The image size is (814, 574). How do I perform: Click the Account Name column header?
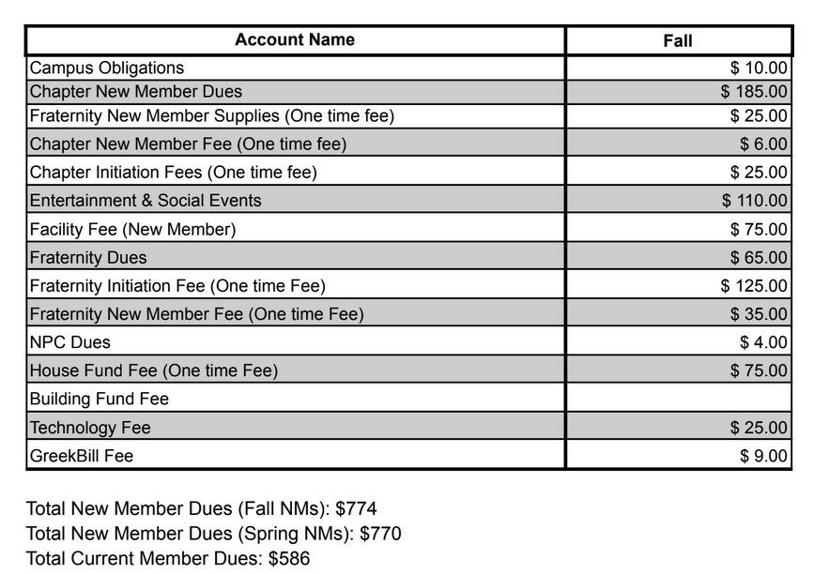(x=295, y=39)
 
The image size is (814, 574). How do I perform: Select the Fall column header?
(x=677, y=40)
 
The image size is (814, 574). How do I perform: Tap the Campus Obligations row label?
(x=107, y=68)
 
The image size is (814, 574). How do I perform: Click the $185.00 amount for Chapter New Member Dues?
(x=754, y=92)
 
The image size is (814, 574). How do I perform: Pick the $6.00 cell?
(x=763, y=144)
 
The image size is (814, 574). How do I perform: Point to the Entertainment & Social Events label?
(x=146, y=201)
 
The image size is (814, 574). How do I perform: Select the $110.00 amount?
(x=754, y=201)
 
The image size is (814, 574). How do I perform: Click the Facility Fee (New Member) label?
(x=132, y=229)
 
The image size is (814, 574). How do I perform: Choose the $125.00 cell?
(x=754, y=286)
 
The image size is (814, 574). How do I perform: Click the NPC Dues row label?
(x=70, y=342)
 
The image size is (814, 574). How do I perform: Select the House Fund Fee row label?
(x=154, y=370)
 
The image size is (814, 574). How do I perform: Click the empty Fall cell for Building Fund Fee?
(x=678, y=399)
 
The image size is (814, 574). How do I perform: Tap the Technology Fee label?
(x=90, y=428)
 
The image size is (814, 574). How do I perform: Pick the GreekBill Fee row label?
(x=82, y=456)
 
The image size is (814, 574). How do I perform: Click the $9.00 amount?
(x=763, y=456)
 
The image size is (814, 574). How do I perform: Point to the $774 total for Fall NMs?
(x=356, y=508)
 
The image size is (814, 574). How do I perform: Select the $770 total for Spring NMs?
(x=380, y=534)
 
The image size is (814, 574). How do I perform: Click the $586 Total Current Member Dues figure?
(x=288, y=559)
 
